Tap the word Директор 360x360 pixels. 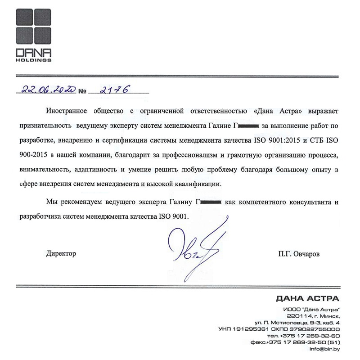coord(61,254)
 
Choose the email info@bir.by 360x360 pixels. coord(325,349)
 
